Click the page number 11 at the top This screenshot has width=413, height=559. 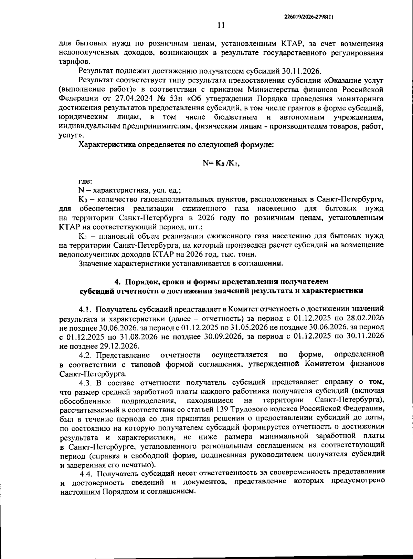click(x=221, y=25)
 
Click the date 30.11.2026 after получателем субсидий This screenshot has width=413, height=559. click(x=301, y=71)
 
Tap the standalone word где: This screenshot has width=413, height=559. click(x=85, y=181)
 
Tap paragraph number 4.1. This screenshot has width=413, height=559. click(x=84, y=308)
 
